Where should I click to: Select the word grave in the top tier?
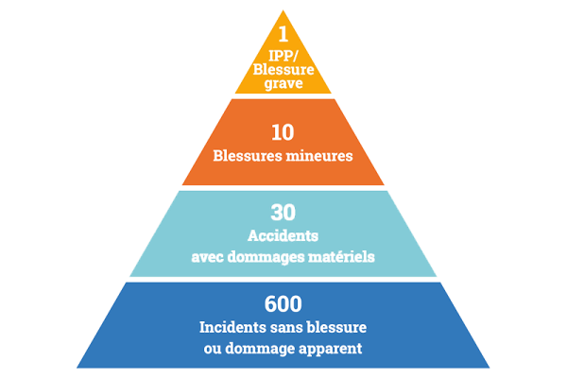point(283,83)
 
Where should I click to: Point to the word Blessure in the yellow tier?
point(283,70)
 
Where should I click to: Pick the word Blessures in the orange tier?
point(250,155)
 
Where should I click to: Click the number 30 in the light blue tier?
point(283,214)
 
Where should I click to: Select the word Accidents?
point(283,235)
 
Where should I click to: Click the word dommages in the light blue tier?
point(267,257)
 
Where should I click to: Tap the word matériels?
point(342,256)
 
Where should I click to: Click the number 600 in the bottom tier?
point(283,304)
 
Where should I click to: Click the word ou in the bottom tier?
point(213,348)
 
